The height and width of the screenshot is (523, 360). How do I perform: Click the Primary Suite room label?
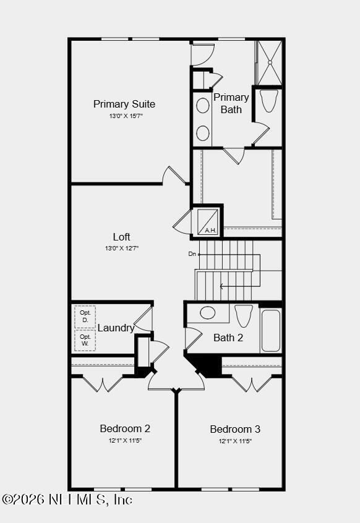pos(124,104)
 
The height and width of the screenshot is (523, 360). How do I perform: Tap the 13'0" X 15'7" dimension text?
pos(126,116)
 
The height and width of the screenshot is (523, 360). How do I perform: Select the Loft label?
pos(122,237)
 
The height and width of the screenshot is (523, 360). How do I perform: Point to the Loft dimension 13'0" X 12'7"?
pos(122,249)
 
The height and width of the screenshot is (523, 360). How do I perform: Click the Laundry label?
pos(116,328)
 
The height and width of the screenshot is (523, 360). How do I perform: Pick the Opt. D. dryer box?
pos(85,317)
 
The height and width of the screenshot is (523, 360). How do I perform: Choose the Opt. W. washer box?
pos(85,340)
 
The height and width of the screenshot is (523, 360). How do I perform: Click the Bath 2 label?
pos(228,338)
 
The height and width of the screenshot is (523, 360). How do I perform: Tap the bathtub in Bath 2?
pos(270,331)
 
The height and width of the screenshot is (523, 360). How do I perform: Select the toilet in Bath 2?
pos(244,315)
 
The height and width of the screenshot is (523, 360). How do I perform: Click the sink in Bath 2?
pos(208,313)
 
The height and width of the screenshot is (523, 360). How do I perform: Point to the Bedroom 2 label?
pos(125,428)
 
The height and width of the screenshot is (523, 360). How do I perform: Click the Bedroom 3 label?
pos(235,429)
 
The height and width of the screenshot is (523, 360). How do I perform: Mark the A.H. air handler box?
pos(207,221)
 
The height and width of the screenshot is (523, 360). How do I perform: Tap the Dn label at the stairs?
pos(192,254)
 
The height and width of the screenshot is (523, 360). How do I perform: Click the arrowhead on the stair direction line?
pos(221,286)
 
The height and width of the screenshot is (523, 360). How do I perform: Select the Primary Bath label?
pos(231,103)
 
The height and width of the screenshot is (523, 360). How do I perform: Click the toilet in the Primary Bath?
pos(269,101)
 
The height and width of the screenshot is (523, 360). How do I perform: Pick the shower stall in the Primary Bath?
pos(269,62)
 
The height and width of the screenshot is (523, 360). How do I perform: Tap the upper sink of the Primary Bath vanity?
pos(203,105)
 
